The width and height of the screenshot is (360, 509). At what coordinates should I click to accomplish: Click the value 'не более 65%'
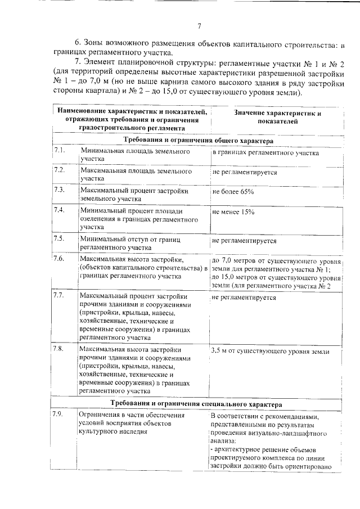click(x=233, y=192)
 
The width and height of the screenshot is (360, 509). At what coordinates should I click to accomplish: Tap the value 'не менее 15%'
click(x=233, y=212)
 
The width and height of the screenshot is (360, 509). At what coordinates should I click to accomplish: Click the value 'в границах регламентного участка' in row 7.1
click(x=265, y=153)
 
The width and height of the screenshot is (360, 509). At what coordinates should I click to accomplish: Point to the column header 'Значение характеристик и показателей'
click(x=277, y=116)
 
